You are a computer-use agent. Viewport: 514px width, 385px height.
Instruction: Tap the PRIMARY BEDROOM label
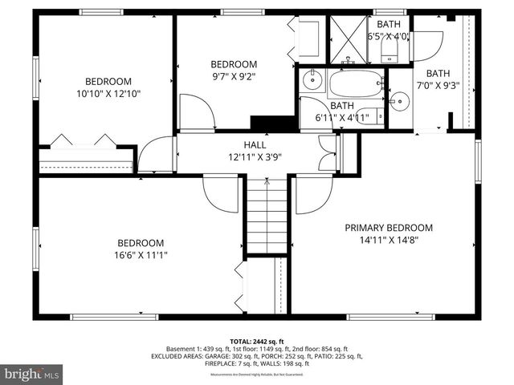[x=389, y=228]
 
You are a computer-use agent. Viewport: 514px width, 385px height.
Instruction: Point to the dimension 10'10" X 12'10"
[x=108, y=93]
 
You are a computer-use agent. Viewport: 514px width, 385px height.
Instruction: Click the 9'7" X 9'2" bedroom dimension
[x=234, y=77]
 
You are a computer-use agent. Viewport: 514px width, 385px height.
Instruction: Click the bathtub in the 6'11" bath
[x=353, y=83]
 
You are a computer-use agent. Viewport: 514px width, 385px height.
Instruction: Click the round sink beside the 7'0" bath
[x=399, y=100]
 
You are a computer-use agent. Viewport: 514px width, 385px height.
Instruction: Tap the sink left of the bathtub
[x=312, y=81]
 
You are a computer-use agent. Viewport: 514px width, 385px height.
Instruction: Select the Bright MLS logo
[x=32, y=374]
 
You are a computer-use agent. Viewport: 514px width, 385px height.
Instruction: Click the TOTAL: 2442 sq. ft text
[x=256, y=342]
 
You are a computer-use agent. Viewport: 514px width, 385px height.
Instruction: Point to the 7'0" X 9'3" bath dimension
[x=438, y=85]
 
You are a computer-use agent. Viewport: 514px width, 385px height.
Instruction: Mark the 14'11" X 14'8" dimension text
[x=389, y=239]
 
